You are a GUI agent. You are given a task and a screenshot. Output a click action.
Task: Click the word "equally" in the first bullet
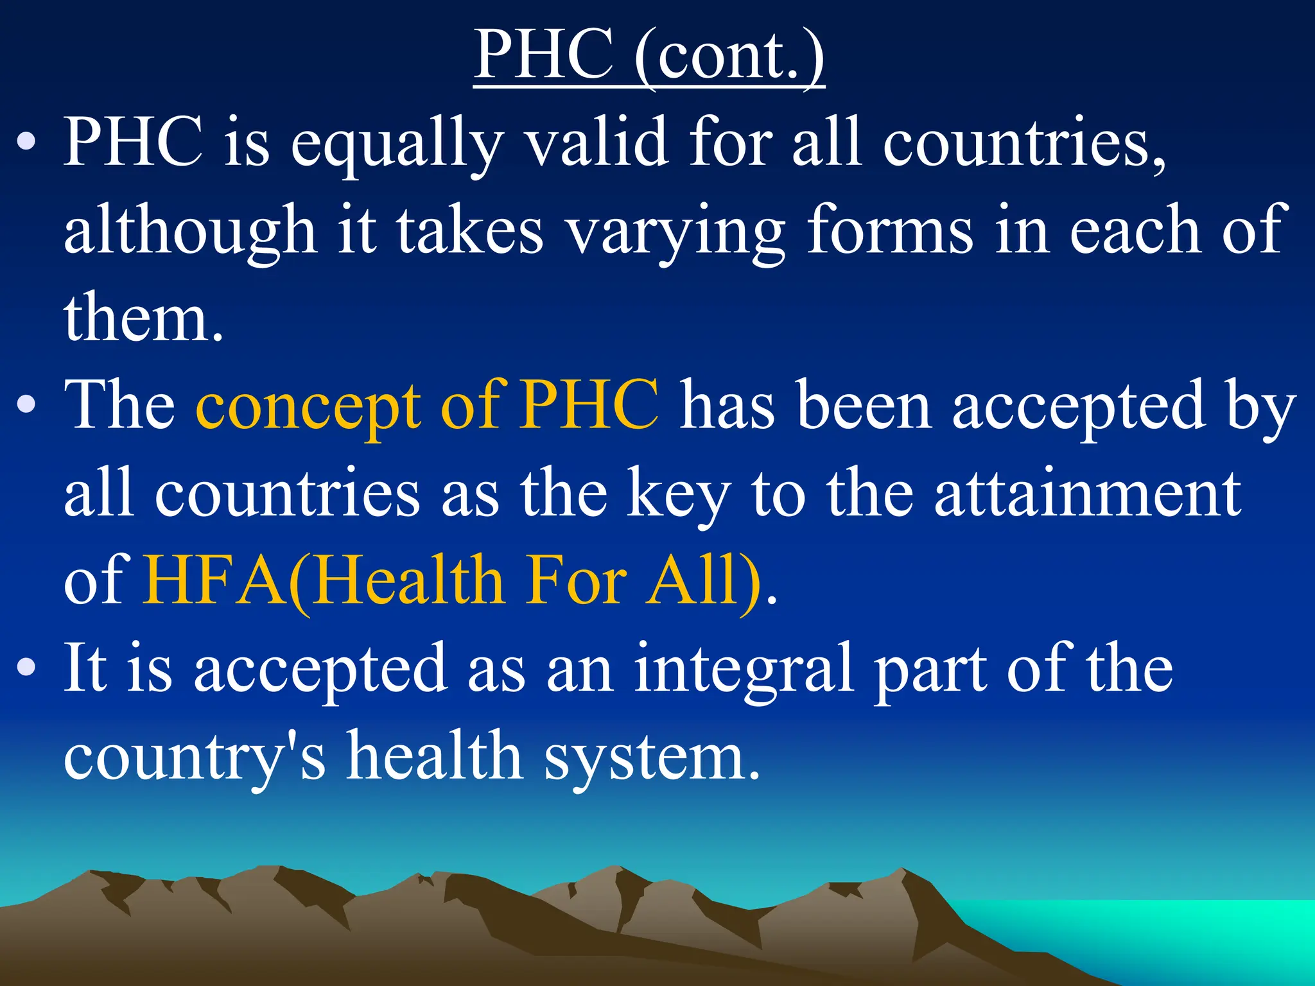click(x=396, y=144)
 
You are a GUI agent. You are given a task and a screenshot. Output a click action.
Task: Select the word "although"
click(x=190, y=231)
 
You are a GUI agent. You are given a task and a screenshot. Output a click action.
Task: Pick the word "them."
click(x=144, y=317)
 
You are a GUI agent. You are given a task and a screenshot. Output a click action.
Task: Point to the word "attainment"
click(x=1088, y=493)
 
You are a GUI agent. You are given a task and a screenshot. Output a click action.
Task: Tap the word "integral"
click(x=744, y=669)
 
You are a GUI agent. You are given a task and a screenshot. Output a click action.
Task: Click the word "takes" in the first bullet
click(x=469, y=231)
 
